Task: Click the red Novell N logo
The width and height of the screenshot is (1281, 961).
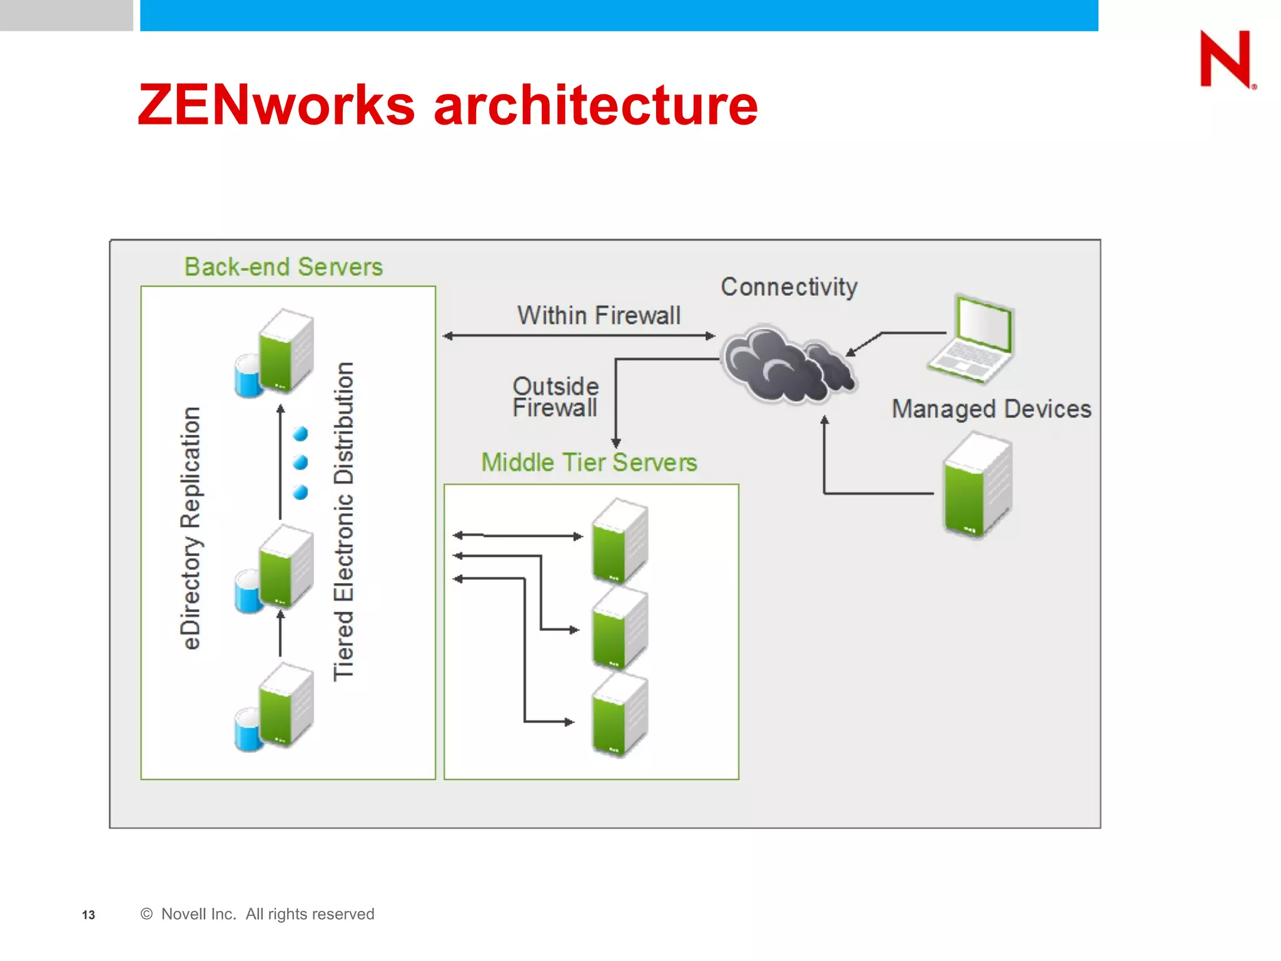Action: click(x=1226, y=59)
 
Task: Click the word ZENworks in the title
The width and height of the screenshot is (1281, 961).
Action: click(x=276, y=105)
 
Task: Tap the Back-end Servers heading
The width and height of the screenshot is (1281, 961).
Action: click(x=283, y=267)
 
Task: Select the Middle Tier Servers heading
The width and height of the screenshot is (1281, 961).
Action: click(x=589, y=463)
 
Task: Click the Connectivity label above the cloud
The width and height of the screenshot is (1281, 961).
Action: click(x=789, y=287)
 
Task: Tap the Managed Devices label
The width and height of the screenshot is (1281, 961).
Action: click(x=991, y=409)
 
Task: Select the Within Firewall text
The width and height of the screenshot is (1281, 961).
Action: click(x=599, y=315)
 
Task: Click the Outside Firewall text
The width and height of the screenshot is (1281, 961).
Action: click(x=555, y=397)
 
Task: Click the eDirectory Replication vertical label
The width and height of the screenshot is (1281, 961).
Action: click(x=191, y=528)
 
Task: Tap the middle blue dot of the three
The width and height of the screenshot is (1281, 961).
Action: click(x=301, y=462)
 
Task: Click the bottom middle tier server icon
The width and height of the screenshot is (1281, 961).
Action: click(x=619, y=716)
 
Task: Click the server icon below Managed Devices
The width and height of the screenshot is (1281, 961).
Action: click(x=976, y=487)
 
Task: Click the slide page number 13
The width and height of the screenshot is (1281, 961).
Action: click(x=88, y=915)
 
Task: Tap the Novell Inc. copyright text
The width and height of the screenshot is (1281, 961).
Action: click(x=258, y=914)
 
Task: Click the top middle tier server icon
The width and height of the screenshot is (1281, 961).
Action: click(x=619, y=541)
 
